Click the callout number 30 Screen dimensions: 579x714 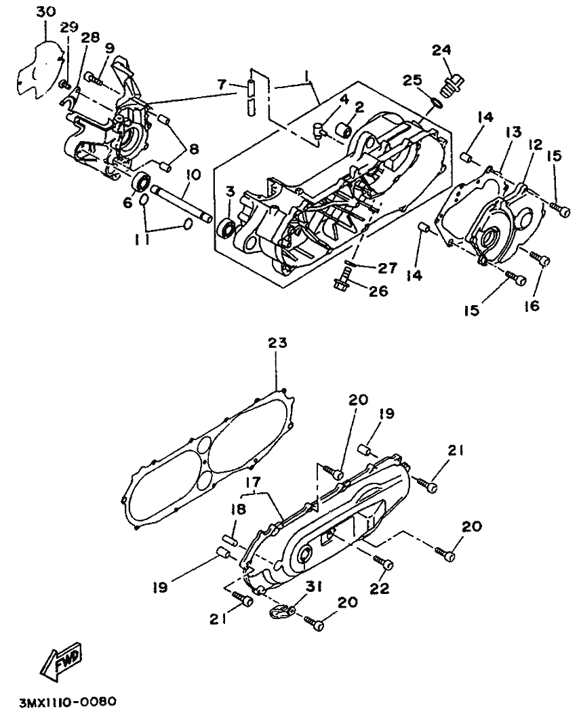[x=45, y=12]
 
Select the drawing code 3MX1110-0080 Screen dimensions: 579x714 [x=68, y=700]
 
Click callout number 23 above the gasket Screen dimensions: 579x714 [x=277, y=342]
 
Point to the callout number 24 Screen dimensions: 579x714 [x=441, y=51]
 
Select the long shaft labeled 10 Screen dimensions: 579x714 [x=181, y=203]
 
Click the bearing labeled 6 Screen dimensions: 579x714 [x=141, y=182]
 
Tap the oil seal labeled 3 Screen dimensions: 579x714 [x=226, y=227]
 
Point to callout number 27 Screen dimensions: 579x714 [x=388, y=268]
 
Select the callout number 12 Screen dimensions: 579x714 [x=536, y=145]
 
